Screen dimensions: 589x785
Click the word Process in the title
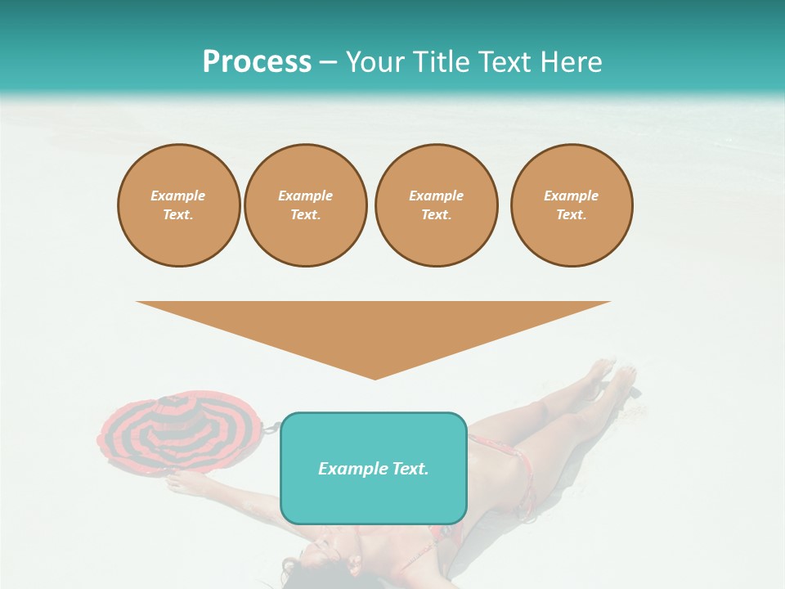point(257,62)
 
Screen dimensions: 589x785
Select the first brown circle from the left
point(179,205)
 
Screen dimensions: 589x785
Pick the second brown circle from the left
point(306,205)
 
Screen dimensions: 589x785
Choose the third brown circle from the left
point(437,205)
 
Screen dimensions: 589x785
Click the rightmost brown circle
point(572,205)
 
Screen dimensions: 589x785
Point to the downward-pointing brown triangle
point(374,327)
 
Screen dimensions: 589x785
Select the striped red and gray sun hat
point(180,432)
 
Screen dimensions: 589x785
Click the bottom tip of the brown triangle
point(375,378)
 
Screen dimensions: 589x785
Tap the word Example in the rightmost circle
point(572,196)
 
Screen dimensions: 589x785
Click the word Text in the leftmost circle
point(177,215)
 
